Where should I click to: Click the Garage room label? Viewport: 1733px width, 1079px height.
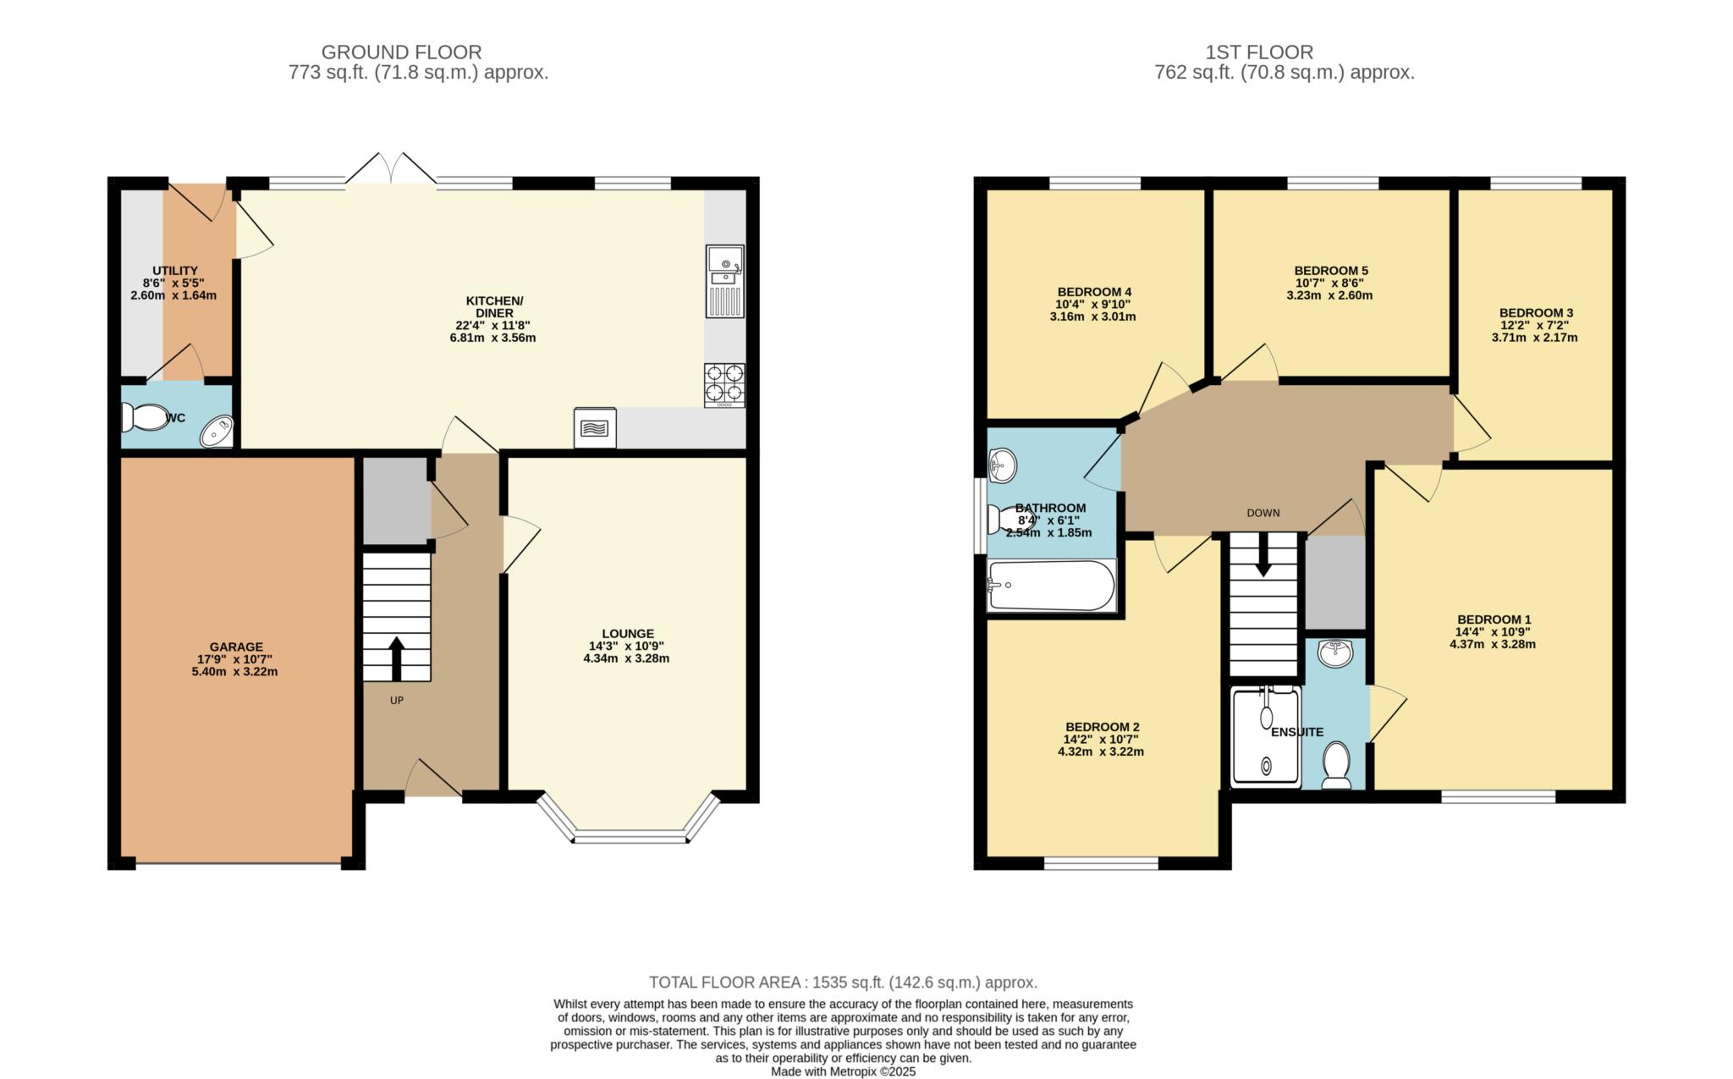click(237, 647)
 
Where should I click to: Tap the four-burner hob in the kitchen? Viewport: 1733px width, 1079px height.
click(724, 385)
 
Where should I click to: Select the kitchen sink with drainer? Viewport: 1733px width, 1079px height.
click(724, 281)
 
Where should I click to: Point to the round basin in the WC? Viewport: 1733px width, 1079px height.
click(216, 432)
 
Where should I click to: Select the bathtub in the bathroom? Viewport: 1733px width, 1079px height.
click(1052, 585)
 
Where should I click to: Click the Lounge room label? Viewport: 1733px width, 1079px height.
click(628, 633)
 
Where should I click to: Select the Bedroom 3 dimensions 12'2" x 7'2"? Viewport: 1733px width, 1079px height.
click(1534, 325)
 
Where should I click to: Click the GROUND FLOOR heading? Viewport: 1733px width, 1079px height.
click(401, 52)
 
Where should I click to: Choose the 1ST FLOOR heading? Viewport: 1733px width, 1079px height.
click(1259, 52)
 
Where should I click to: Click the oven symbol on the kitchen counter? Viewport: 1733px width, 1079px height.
click(595, 428)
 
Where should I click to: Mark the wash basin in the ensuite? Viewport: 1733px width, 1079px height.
click(1336, 652)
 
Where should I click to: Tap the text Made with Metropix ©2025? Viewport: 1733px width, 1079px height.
click(843, 1071)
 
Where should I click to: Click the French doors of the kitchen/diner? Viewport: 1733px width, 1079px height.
click(391, 168)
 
